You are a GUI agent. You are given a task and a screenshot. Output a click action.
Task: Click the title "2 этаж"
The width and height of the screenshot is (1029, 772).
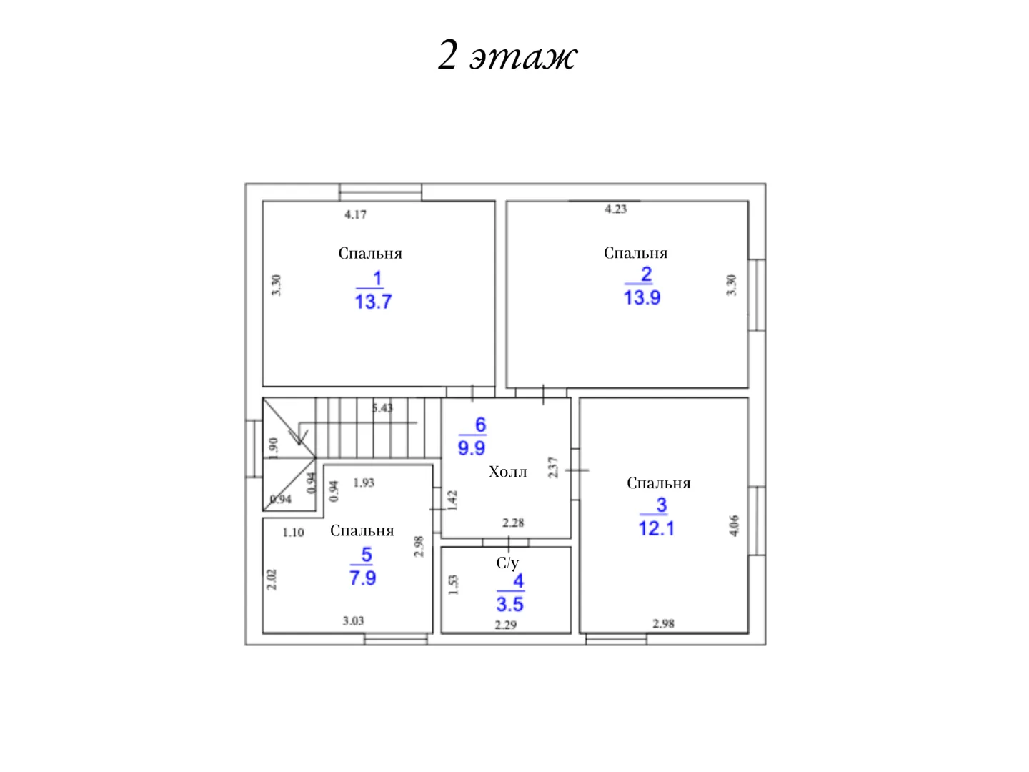[x=507, y=55]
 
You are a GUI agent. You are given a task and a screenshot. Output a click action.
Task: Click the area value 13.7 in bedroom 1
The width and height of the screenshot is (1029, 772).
[x=373, y=302]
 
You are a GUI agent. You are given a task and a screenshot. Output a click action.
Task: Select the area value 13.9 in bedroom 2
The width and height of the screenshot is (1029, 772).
[x=642, y=297]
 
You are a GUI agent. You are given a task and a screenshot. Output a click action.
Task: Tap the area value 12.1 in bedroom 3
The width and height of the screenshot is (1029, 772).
[x=656, y=528]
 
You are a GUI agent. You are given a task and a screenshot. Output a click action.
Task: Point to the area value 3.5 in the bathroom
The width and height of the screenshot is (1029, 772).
[x=510, y=604]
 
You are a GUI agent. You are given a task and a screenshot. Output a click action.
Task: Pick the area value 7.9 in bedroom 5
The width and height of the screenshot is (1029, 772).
[x=363, y=578]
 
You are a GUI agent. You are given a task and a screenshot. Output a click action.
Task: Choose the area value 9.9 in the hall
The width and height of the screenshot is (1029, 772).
[x=472, y=448]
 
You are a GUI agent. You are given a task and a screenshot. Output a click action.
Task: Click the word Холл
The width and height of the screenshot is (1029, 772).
[x=507, y=472]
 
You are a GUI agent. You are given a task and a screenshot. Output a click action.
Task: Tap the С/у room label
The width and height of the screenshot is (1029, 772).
[x=507, y=563]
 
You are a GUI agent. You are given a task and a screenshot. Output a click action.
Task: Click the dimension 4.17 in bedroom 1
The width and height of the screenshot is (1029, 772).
[x=355, y=214]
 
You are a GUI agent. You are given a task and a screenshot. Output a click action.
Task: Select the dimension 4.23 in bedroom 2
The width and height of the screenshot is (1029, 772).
[x=615, y=209]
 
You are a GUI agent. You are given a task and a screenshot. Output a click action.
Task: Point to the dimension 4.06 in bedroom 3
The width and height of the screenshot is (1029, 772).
[x=734, y=525]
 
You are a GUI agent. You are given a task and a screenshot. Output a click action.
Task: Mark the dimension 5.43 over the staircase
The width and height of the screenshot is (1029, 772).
[x=382, y=407]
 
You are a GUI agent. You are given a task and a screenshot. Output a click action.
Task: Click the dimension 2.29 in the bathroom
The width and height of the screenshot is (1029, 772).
[x=506, y=625]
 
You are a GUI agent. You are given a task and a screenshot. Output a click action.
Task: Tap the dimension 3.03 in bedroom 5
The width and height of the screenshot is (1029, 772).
[x=353, y=621]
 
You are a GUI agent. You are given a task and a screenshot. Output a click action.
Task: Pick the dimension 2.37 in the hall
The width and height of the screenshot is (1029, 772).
[x=553, y=467]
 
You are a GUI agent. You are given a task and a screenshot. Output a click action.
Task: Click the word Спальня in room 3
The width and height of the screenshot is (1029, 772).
[x=659, y=483]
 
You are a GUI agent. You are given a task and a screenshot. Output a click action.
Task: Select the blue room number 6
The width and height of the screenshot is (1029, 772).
[x=480, y=425]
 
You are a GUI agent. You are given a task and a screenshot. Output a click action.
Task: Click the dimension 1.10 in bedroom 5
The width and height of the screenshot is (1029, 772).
[x=293, y=533]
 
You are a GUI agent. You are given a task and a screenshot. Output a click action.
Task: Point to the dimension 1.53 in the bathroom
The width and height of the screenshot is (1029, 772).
[x=453, y=585]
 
